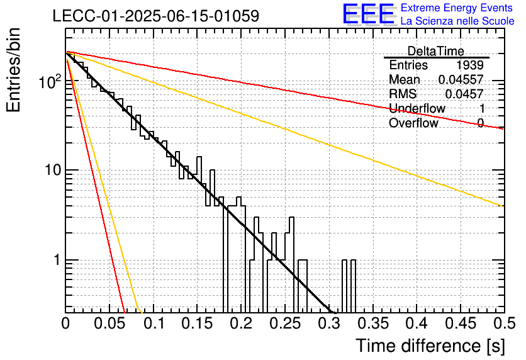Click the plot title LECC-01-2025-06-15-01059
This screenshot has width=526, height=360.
click(x=156, y=16)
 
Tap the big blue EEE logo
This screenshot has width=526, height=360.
click(x=369, y=14)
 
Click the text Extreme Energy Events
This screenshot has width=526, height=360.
click(x=457, y=8)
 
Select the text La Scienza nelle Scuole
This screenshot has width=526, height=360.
click(x=457, y=21)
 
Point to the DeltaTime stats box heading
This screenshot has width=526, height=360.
click(x=436, y=51)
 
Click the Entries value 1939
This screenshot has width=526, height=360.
click(x=469, y=65)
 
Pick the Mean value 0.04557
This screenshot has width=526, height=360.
click(x=461, y=79)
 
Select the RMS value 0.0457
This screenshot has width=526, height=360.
click(x=464, y=94)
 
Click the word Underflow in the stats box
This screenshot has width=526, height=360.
click(x=417, y=108)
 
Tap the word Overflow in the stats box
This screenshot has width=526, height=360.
click(x=413, y=123)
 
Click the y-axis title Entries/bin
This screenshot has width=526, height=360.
click(x=13, y=70)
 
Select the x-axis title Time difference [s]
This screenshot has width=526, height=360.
click(x=430, y=346)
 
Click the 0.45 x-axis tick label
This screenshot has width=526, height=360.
click(x=461, y=323)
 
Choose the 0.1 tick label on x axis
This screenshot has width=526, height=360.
click(x=155, y=323)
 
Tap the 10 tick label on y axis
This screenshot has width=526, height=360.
click(x=53, y=170)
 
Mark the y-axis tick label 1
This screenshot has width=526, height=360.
click(x=57, y=260)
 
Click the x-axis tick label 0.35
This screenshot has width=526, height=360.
click(x=372, y=323)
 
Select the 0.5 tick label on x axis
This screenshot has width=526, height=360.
click(x=504, y=323)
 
